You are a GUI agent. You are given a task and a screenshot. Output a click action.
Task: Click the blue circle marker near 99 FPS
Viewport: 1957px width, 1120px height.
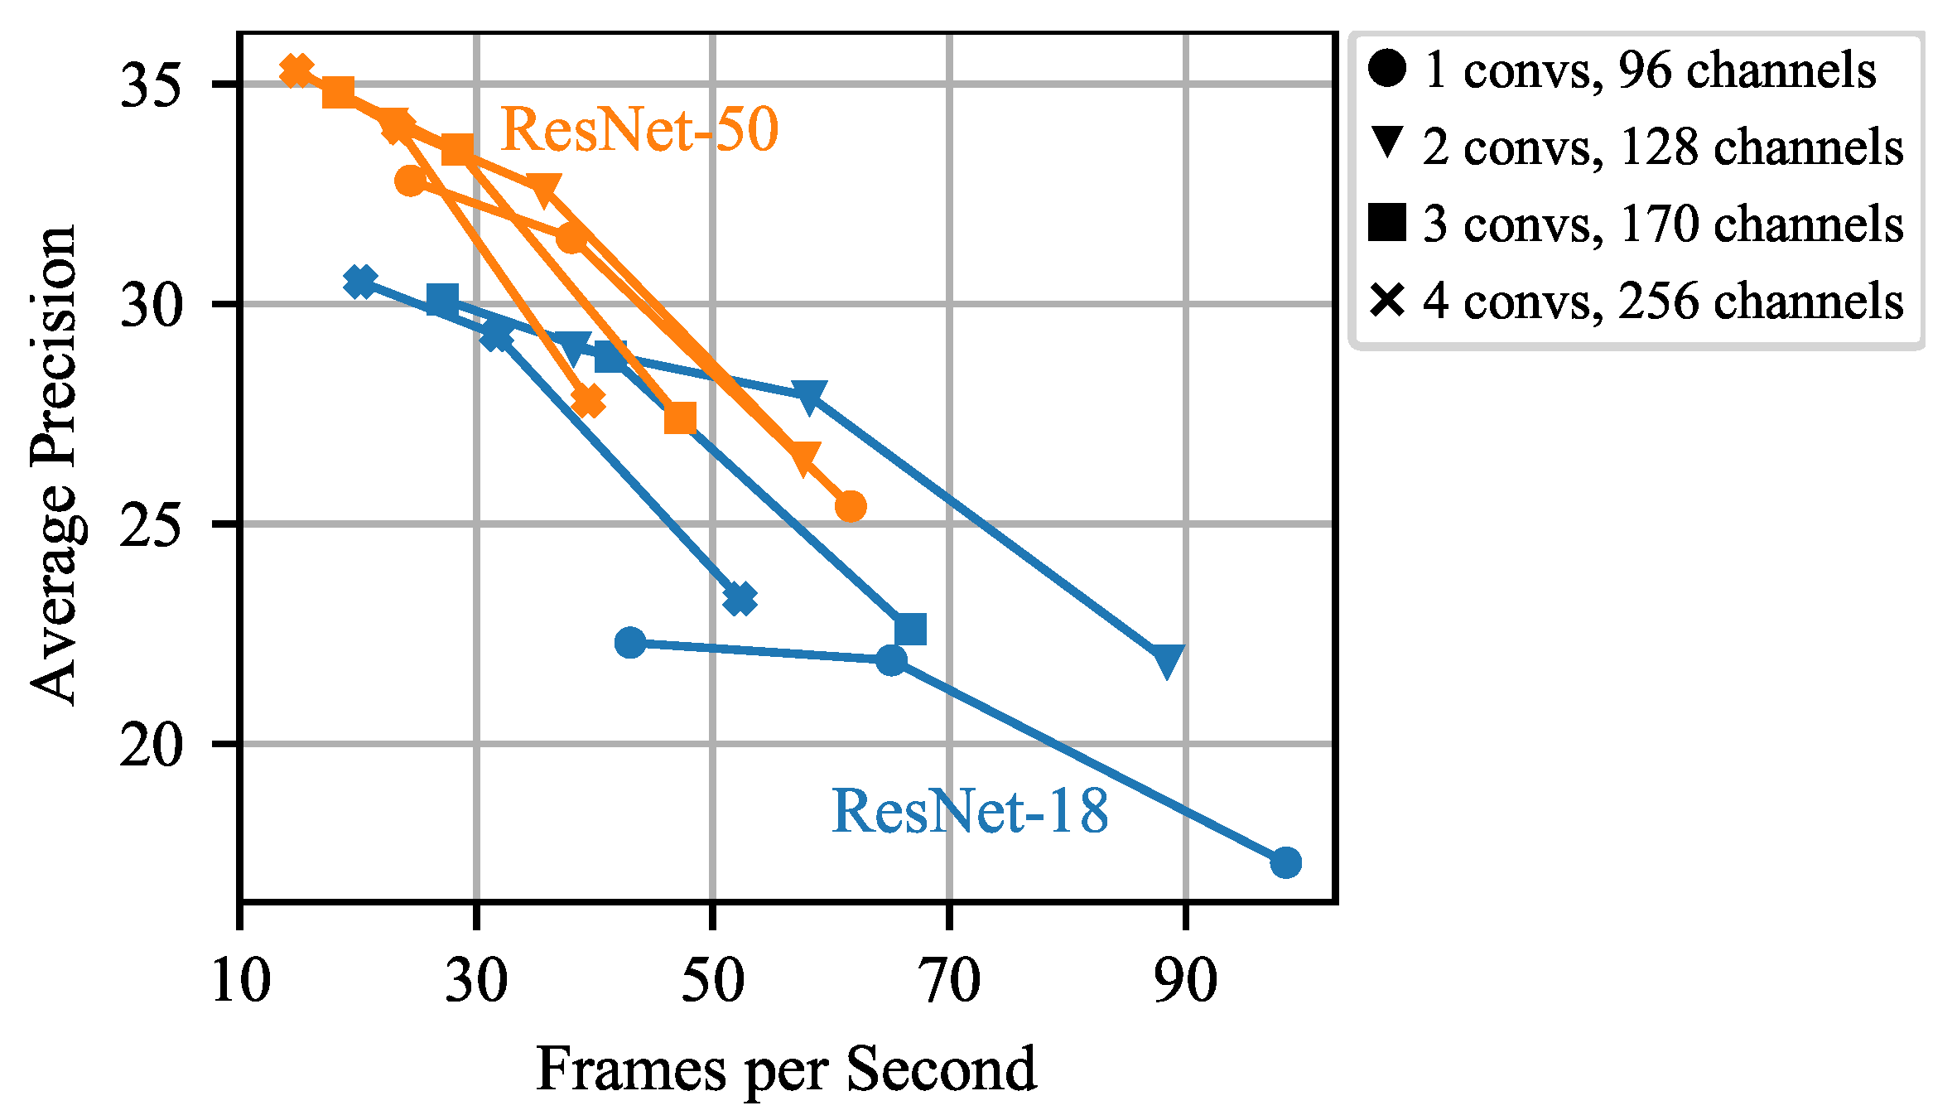point(1285,862)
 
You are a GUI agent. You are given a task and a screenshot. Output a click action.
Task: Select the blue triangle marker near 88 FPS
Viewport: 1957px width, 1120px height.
point(1168,661)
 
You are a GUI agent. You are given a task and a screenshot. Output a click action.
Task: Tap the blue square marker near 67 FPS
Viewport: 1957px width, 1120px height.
point(910,629)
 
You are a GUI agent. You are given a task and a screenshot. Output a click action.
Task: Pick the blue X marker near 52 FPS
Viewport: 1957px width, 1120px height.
point(740,598)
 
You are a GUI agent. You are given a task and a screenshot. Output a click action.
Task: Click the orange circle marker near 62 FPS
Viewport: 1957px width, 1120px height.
point(851,506)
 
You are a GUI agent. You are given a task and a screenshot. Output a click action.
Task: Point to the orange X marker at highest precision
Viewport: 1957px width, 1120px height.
point(296,71)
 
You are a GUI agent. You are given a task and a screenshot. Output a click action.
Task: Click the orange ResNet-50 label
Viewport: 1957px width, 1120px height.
point(639,130)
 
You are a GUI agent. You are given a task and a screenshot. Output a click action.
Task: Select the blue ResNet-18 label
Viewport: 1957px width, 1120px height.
point(970,811)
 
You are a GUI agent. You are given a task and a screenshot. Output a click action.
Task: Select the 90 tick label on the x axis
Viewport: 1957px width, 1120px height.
point(1186,981)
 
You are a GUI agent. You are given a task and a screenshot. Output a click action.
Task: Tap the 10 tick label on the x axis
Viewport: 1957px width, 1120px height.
point(240,981)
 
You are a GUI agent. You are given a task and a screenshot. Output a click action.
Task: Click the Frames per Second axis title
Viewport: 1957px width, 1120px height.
point(785,1069)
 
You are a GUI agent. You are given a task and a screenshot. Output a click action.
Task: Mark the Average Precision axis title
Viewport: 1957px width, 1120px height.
point(53,466)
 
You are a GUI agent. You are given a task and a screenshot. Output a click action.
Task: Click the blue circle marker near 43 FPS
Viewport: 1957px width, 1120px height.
point(631,642)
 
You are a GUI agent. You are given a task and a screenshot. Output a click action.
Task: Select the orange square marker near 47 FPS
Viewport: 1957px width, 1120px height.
point(680,419)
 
